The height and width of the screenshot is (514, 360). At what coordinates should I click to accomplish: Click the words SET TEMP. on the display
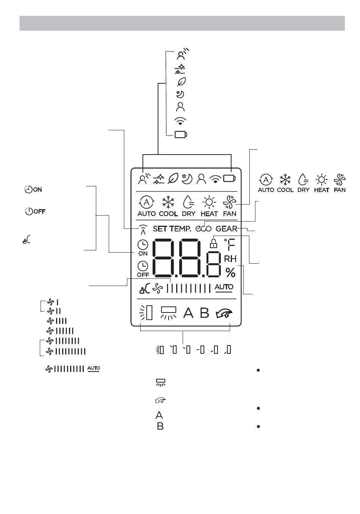tap(172, 229)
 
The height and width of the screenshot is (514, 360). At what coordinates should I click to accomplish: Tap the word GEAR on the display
tap(226, 229)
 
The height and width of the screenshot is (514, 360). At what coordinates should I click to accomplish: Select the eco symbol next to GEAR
tap(203, 229)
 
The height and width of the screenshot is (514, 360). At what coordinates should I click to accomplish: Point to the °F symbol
tap(230, 245)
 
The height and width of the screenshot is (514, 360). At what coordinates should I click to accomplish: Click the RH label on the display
tap(230, 259)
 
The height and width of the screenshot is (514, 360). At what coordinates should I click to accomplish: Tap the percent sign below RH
tap(230, 273)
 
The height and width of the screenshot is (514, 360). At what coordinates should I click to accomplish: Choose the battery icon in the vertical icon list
tap(181, 134)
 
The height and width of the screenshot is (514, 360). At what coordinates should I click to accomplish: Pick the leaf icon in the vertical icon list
tap(182, 81)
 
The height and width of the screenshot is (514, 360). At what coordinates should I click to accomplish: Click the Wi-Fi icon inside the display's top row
tap(215, 179)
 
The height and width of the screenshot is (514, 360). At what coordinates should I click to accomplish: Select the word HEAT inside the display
tap(209, 214)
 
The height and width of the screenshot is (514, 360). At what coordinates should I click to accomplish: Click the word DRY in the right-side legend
tap(303, 190)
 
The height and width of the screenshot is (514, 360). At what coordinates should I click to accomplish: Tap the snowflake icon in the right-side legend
tap(285, 180)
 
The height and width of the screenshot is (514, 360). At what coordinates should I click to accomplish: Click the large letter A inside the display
tap(188, 313)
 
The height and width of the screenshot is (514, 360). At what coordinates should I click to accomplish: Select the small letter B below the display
tap(160, 426)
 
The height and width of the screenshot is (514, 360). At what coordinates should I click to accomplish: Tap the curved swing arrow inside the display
tap(224, 314)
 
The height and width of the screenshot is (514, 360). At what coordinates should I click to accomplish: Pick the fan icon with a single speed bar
tap(53, 302)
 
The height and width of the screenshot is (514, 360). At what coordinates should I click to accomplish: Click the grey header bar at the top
tap(182, 23)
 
